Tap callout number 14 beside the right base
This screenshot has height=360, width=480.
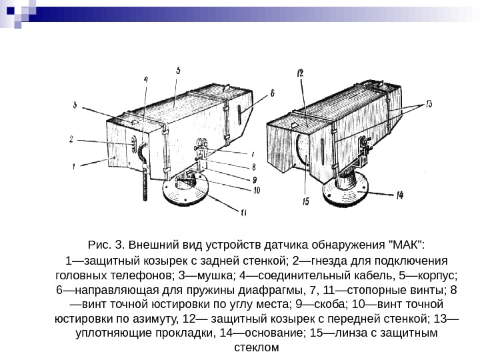pyautogui.click(x=399, y=196)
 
